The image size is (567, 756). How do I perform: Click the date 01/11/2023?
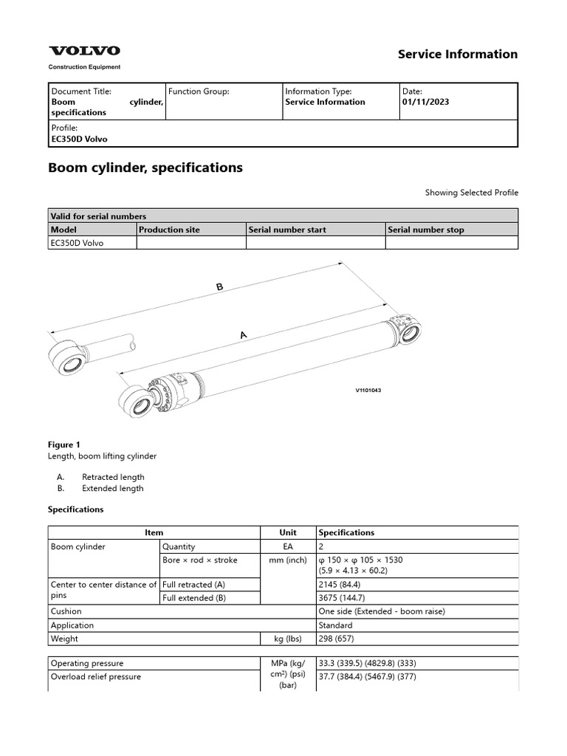pyautogui.click(x=425, y=102)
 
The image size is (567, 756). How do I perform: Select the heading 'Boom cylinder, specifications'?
pyautogui.click(x=145, y=168)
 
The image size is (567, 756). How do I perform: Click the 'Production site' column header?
pyautogui.click(x=169, y=230)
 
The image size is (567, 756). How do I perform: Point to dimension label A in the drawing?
pyautogui.click(x=242, y=335)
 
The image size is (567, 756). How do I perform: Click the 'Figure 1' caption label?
pyautogui.click(x=64, y=444)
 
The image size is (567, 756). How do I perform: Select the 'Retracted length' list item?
pyautogui.click(x=113, y=477)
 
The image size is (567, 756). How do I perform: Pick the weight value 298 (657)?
pyautogui.click(x=336, y=639)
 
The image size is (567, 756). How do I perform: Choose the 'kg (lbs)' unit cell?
pyautogui.click(x=288, y=639)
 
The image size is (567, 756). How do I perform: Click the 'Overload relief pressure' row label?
pyautogui.click(x=95, y=676)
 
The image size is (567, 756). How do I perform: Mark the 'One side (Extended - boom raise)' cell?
pyautogui.click(x=382, y=611)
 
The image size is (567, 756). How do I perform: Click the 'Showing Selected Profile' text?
pyautogui.click(x=471, y=193)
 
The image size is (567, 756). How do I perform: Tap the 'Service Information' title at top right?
pyautogui.click(x=458, y=54)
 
